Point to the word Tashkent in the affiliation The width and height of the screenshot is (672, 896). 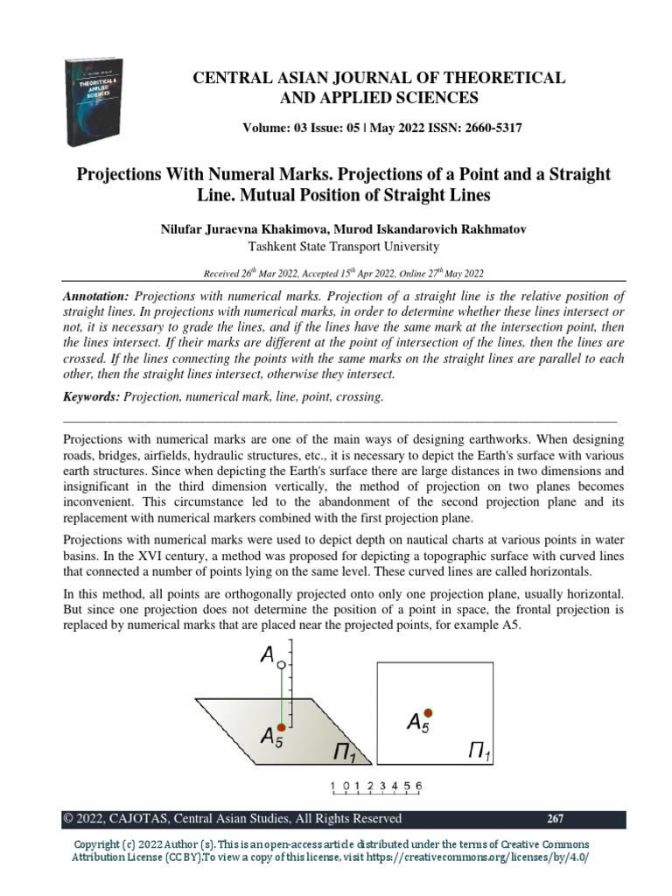pyautogui.click(x=276, y=247)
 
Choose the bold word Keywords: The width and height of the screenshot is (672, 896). pyautogui.click(x=92, y=396)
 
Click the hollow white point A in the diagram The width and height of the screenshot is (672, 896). pyautogui.click(x=281, y=666)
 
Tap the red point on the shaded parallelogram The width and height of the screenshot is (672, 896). pyautogui.click(x=281, y=727)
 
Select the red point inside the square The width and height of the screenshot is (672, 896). pyautogui.click(x=428, y=712)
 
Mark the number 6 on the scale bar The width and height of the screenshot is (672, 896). pyautogui.click(x=419, y=787)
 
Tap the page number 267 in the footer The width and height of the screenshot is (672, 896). pyautogui.click(x=555, y=819)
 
